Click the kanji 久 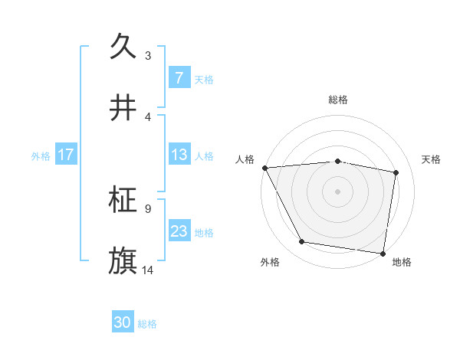(x=123, y=47)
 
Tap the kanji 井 (x=123, y=108)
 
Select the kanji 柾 (x=123, y=200)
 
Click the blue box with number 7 (x=179, y=77)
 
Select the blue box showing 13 (x=179, y=155)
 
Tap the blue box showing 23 (x=179, y=231)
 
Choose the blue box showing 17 (x=65, y=155)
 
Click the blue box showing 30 (x=123, y=323)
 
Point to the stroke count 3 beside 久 (x=148, y=56)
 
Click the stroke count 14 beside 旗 (x=148, y=270)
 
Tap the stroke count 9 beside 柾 (x=148, y=208)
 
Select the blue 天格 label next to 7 (x=204, y=79)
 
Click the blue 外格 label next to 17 (x=41, y=155)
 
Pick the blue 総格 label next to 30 (x=147, y=324)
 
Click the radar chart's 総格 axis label (x=338, y=100)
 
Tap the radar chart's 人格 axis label (x=245, y=159)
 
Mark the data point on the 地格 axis (x=383, y=253)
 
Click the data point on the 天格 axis (x=396, y=172)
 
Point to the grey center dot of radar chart (x=338, y=191)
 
